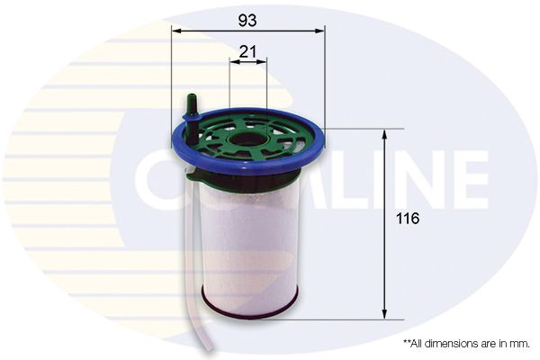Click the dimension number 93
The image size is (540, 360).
coord(247,21)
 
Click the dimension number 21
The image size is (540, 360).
coord(247,51)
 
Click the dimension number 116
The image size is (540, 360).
coord(408,219)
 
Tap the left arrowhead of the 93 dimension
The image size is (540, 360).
coord(176,31)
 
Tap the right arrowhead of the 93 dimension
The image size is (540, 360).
coord(319,31)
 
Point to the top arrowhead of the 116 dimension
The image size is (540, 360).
coord(384,134)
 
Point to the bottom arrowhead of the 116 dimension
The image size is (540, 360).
coord(384,314)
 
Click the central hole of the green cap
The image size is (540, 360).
coord(247,139)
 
